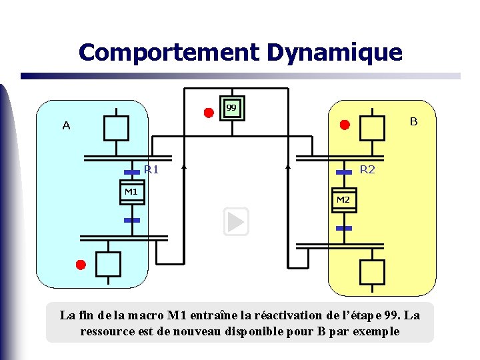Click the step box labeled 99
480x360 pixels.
(x=231, y=108)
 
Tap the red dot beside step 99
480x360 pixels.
(x=209, y=112)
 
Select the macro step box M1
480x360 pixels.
(x=132, y=192)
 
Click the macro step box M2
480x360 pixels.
(x=344, y=200)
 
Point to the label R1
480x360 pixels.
(x=151, y=170)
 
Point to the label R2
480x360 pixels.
(x=367, y=170)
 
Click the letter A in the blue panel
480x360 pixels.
(x=66, y=125)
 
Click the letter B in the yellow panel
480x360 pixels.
(x=413, y=122)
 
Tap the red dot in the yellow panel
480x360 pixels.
(x=345, y=125)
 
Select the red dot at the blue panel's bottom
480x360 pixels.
(x=81, y=265)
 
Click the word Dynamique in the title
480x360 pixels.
(x=335, y=52)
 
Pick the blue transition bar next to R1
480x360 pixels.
(x=132, y=172)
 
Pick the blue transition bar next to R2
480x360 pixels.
(x=344, y=172)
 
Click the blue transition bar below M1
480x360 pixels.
(x=132, y=219)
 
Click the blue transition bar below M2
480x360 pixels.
(x=344, y=228)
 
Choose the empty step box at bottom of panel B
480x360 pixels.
(x=372, y=272)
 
